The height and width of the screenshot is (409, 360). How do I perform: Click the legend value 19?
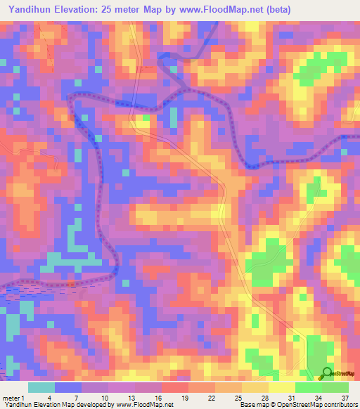[x=198, y=398]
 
